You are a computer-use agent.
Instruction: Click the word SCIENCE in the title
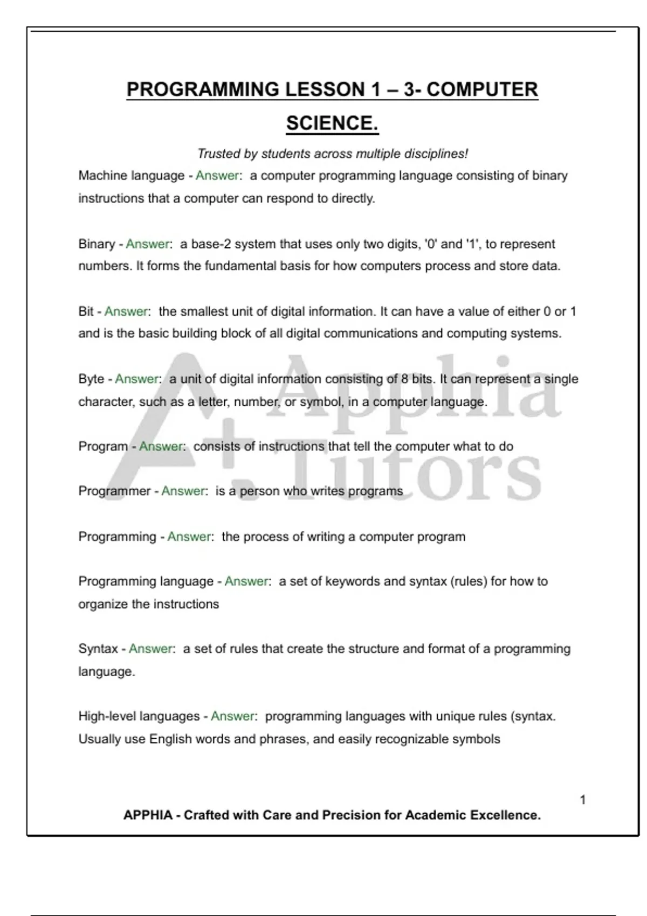(331, 123)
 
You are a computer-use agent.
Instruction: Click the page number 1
(583, 800)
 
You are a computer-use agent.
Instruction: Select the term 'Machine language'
(132, 176)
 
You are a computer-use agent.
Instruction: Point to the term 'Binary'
(97, 244)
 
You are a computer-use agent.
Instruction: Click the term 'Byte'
(91, 379)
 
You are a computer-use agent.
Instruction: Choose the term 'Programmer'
(114, 491)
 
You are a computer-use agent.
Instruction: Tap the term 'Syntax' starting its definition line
(98, 648)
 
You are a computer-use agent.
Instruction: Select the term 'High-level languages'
(139, 716)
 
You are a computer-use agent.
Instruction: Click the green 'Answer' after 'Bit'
(126, 311)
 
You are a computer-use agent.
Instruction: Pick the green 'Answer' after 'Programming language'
(246, 581)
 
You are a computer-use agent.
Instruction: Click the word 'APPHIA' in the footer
(148, 815)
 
